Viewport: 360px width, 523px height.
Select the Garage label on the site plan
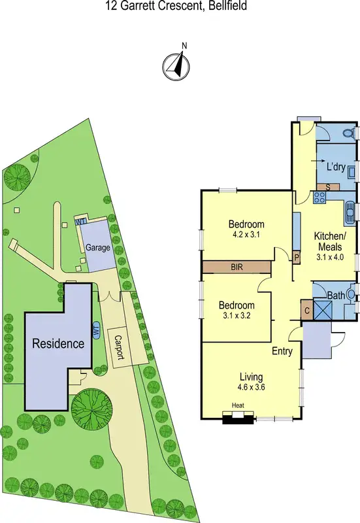coord(97,248)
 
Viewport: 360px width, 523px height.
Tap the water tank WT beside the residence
coord(96,330)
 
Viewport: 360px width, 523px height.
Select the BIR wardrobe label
coord(237,267)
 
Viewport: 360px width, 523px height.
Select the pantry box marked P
coord(297,258)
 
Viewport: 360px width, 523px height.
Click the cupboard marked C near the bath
coord(306,309)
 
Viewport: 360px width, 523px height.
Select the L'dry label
coord(336,167)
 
